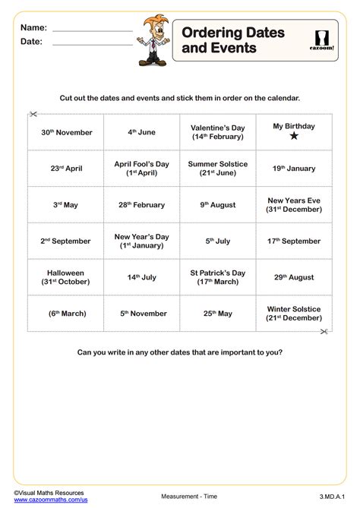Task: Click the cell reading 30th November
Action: [x=66, y=132]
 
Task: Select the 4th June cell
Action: [x=141, y=132]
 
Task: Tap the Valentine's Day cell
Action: [x=217, y=132]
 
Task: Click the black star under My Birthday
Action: [x=293, y=137]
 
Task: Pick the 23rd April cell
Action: [x=66, y=169]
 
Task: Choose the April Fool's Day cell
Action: [x=141, y=169]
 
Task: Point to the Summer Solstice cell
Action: [x=217, y=169]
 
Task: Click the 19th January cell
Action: [x=293, y=169]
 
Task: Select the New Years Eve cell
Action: [x=293, y=205]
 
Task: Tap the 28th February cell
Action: [x=141, y=205]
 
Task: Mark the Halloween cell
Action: [x=66, y=277]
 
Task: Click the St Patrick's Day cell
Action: [x=217, y=277]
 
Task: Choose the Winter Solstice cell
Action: [x=293, y=314]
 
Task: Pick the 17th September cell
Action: [x=293, y=241]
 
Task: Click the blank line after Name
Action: [x=93, y=31]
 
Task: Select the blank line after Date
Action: [x=93, y=45]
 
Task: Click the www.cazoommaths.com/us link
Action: [x=47, y=500]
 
